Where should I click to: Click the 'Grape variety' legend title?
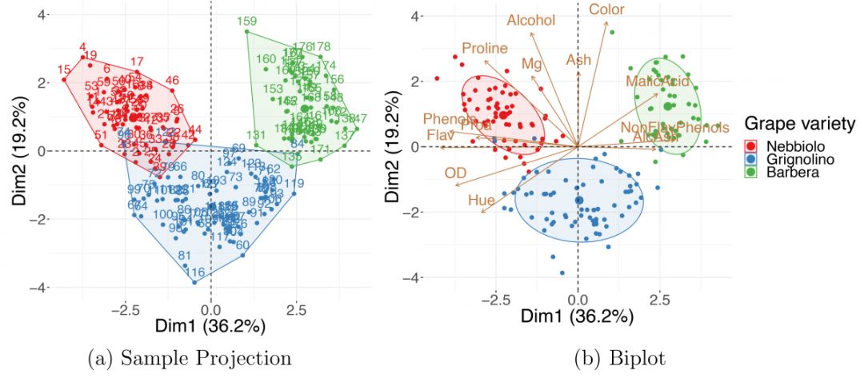[800, 125]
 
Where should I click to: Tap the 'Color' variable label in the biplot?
[606, 10]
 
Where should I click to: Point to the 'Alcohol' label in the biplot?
[530, 21]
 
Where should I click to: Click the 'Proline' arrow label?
[485, 49]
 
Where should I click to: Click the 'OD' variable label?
[455, 173]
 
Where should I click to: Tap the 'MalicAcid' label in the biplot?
[658, 82]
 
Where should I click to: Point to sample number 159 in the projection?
[247, 22]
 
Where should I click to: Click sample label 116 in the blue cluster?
[195, 273]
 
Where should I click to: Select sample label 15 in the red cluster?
[64, 80]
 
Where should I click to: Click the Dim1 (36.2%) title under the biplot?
[577, 317]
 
